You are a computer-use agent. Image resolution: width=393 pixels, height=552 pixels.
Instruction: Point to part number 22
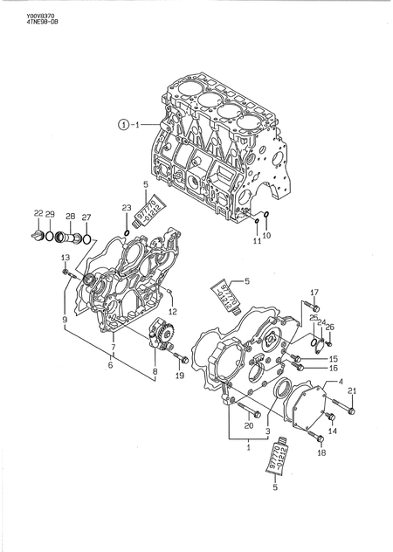pyautogui.click(x=38, y=214)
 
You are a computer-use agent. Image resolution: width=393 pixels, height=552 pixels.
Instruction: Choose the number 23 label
pyautogui.click(x=126, y=208)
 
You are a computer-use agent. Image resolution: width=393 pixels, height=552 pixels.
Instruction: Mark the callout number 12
pyautogui.click(x=172, y=312)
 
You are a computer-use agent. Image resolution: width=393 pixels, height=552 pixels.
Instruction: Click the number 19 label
pyautogui.click(x=179, y=376)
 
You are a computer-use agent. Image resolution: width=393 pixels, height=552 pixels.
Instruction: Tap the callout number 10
pyautogui.click(x=267, y=236)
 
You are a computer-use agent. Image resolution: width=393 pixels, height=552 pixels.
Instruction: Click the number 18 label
pyautogui.click(x=321, y=453)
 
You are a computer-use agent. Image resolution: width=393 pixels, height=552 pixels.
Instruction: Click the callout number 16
pyautogui.click(x=333, y=368)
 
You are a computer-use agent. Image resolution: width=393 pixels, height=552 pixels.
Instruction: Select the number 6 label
pyautogui.click(x=110, y=366)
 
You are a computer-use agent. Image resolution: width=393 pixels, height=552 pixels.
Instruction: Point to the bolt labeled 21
pyautogui.click(x=349, y=409)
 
